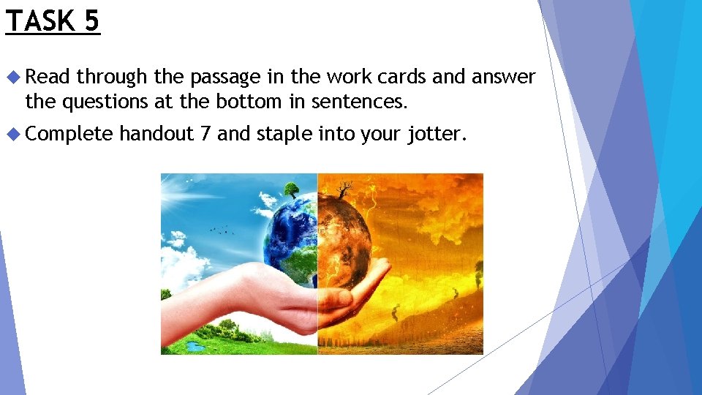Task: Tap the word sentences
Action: click(x=359, y=101)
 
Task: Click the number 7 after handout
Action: click(x=204, y=133)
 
